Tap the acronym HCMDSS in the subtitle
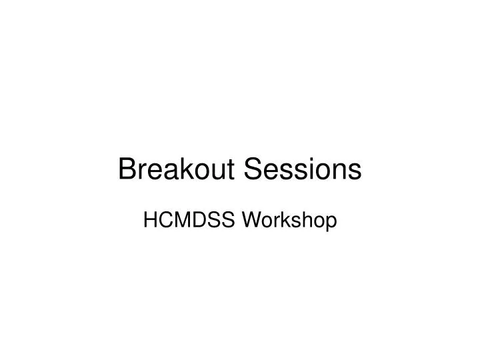pos(181,221)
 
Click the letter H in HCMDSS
pos(150,221)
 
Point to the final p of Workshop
pos(330,223)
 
